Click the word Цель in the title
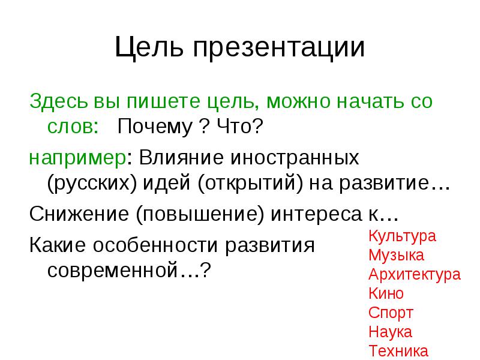point(149,47)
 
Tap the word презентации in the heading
point(279,49)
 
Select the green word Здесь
point(58,101)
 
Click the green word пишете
point(163,101)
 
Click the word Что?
point(240,126)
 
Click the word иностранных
point(295,158)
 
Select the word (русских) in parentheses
point(92,184)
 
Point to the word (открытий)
point(250,184)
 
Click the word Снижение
point(79,214)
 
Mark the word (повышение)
point(200,214)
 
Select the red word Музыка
point(396,256)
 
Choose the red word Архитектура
point(415,275)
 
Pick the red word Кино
point(386,293)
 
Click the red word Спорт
point(391,313)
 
